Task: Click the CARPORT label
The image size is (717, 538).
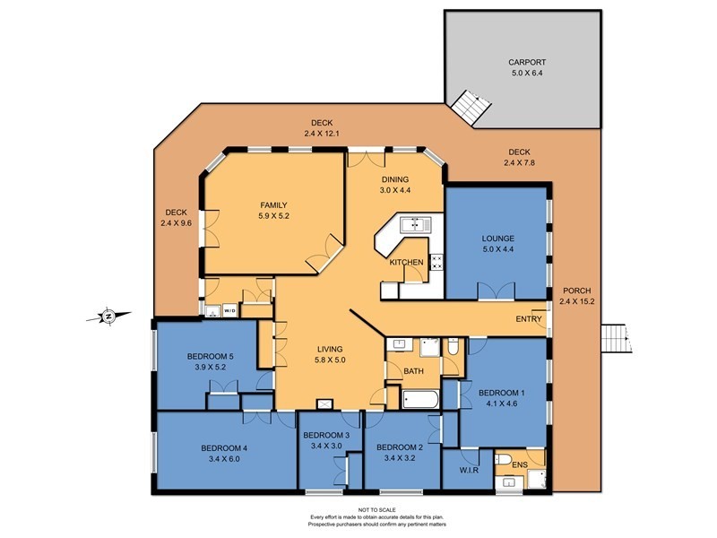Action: pyautogui.click(x=527, y=62)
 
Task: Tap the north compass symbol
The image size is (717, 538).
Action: pyautogui.click(x=108, y=316)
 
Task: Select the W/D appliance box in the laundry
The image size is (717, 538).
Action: pyautogui.click(x=230, y=311)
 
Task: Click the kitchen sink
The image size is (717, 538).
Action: pyautogui.click(x=416, y=225)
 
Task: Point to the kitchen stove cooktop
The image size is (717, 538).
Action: pyautogui.click(x=436, y=262)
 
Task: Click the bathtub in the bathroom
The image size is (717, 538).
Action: pyautogui.click(x=420, y=399)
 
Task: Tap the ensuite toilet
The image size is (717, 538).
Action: pyautogui.click(x=504, y=459)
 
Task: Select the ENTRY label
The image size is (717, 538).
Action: pyautogui.click(x=529, y=319)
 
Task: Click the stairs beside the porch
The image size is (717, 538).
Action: pyautogui.click(x=616, y=339)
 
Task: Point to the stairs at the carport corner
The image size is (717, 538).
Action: pyautogui.click(x=471, y=107)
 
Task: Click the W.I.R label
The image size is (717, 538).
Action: pyautogui.click(x=469, y=470)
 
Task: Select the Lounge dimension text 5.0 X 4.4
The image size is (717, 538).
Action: pyautogui.click(x=498, y=249)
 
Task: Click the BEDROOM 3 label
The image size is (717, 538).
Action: pyautogui.click(x=326, y=435)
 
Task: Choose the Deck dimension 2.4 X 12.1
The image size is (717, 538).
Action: pyautogui.click(x=322, y=134)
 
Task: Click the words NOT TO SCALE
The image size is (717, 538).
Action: pyautogui.click(x=376, y=509)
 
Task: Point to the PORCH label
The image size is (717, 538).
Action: pyautogui.click(x=576, y=291)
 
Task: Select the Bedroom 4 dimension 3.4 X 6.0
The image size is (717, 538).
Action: pyautogui.click(x=224, y=459)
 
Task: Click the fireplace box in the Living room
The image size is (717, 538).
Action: pyautogui.click(x=324, y=404)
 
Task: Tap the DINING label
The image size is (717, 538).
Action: pyautogui.click(x=395, y=179)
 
